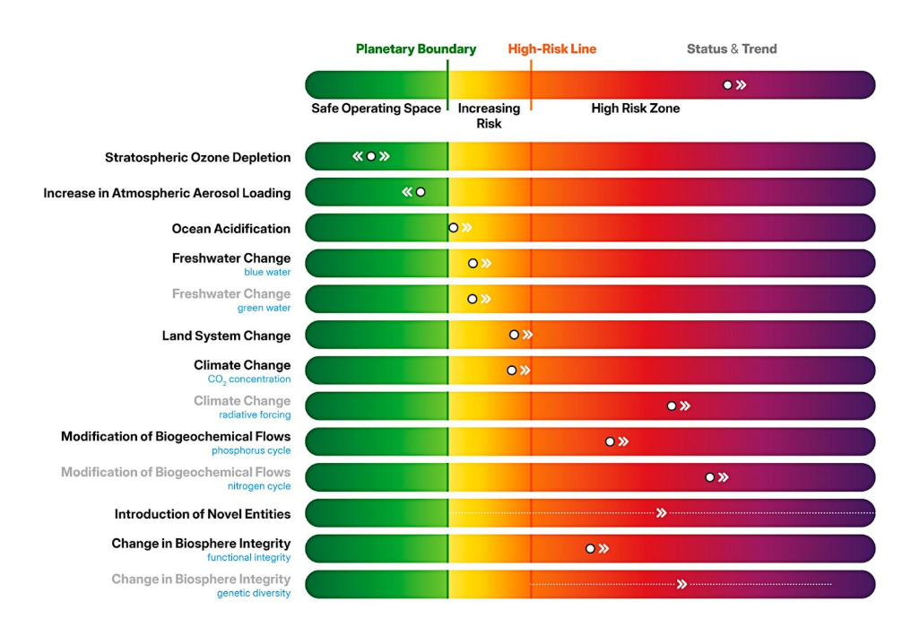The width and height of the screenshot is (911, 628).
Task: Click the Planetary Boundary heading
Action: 416,49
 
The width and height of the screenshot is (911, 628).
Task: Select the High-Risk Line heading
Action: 551,49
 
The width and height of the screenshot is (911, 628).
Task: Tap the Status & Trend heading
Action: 732,49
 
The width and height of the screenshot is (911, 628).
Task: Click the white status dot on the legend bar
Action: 728,85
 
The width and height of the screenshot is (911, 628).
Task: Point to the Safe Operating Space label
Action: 376,109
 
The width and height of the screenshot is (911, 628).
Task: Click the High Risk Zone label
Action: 635,109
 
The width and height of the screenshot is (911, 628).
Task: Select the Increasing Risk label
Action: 489,116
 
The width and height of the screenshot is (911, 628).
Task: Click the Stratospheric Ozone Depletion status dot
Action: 371,156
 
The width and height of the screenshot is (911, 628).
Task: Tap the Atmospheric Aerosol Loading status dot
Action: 421,192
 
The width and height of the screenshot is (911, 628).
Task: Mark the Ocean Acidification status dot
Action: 454,228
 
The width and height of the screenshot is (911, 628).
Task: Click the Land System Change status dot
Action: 514,335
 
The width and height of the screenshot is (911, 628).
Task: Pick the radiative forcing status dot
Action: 672,406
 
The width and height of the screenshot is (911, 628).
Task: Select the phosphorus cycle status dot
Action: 610,441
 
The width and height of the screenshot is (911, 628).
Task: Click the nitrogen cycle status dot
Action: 710,477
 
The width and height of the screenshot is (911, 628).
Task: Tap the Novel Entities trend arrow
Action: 661,513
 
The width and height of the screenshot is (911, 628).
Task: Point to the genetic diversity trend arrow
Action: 681,584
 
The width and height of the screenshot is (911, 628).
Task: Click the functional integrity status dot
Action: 590,548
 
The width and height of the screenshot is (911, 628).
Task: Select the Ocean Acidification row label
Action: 231,229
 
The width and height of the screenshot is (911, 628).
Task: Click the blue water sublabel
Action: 267,272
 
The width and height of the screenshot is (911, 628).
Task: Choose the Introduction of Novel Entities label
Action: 203,514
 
